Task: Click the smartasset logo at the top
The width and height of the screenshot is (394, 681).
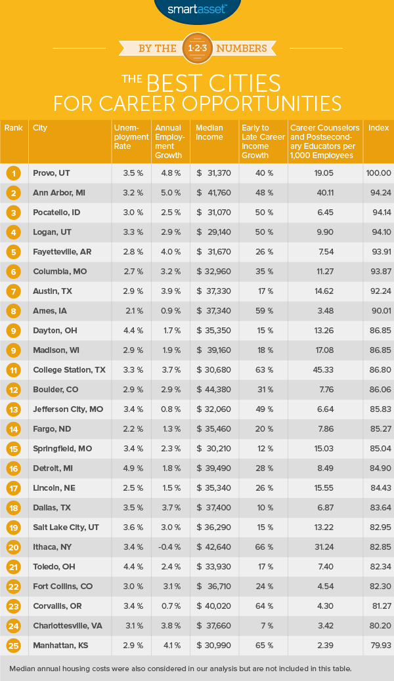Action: pos(196,10)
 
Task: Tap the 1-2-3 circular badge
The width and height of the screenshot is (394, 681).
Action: pos(197,48)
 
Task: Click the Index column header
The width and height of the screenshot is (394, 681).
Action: pos(378,128)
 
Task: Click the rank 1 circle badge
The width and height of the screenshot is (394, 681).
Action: pos(12,173)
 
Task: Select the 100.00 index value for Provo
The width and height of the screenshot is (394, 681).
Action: pos(378,173)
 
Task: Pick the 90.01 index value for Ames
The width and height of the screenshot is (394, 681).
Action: pos(378,272)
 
